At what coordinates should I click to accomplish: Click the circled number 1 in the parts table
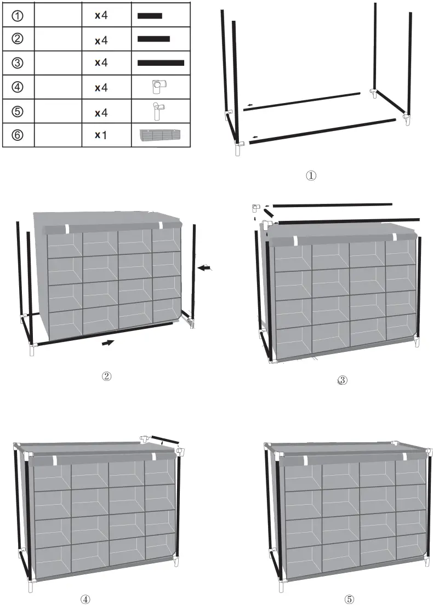coord(18,16)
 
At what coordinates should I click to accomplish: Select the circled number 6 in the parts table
coord(18,135)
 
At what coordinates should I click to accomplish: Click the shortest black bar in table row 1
coord(150,16)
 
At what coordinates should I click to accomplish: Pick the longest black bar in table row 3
coord(161,63)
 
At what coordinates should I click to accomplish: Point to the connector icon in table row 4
coord(159,87)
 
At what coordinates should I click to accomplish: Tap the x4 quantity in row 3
coord(101,63)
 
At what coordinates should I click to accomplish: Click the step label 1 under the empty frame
coord(311,176)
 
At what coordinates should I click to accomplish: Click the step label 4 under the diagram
coord(86,599)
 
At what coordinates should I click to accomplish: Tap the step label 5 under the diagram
coord(349,599)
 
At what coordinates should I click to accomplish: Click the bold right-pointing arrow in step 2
coord(109,343)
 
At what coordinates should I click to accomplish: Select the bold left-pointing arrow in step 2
coord(204,267)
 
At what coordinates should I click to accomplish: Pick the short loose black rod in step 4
coord(165,440)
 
